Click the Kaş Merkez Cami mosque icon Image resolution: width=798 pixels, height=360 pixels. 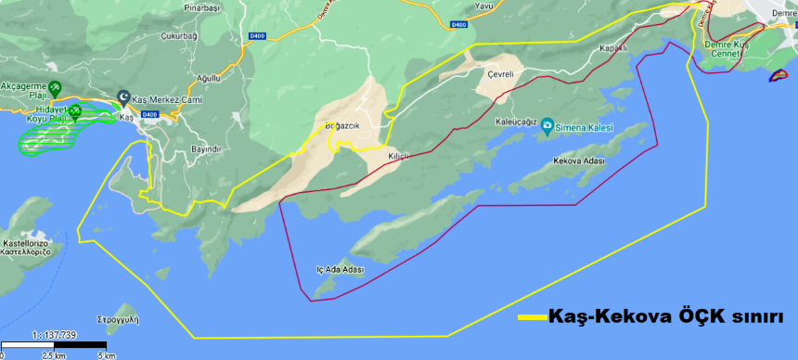point(124,96)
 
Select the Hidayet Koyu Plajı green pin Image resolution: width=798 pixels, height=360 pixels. point(75,112)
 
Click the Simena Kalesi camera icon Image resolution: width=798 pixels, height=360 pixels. point(547,125)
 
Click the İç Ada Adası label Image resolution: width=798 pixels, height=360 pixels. point(339,270)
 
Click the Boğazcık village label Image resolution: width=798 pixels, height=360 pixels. point(341,125)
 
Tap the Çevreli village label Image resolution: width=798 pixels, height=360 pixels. point(500,72)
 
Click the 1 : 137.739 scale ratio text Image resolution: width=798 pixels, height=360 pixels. point(53,335)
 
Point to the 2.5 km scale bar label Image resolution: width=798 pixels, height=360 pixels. point(52,354)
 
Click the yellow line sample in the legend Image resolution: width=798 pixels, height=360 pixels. point(532,316)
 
